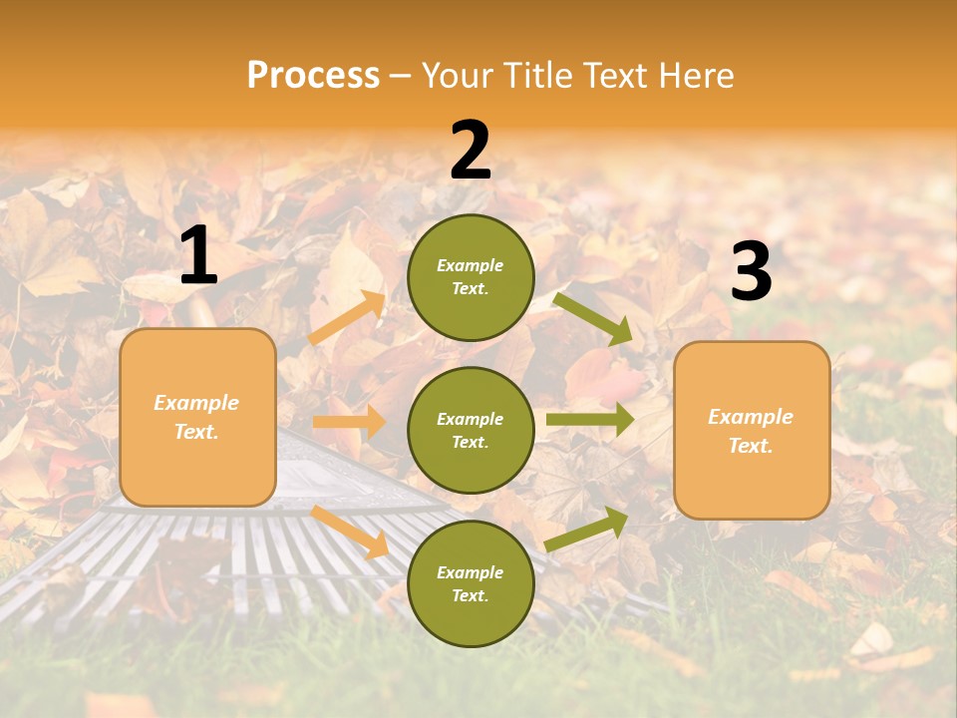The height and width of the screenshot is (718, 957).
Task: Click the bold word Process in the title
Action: click(x=313, y=75)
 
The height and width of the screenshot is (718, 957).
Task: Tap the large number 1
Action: click(x=198, y=256)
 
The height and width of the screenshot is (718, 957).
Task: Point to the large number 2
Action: click(x=471, y=151)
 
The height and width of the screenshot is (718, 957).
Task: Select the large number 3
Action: click(x=751, y=272)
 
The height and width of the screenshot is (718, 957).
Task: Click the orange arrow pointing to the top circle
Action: click(x=348, y=318)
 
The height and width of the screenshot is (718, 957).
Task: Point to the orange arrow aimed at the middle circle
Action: click(x=349, y=422)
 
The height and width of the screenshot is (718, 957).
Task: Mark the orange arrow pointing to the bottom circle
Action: click(x=350, y=532)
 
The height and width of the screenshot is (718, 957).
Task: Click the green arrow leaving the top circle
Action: click(x=593, y=318)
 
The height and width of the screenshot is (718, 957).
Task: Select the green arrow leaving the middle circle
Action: click(x=589, y=420)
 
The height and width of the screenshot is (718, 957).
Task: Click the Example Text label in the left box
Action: click(x=197, y=417)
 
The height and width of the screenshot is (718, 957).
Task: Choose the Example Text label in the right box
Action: click(x=752, y=431)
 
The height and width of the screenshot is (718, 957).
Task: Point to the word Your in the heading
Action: click(x=458, y=75)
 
